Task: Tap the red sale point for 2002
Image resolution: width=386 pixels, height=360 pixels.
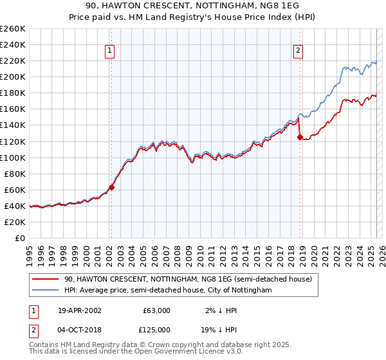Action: pyautogui.click(x=111, y=187)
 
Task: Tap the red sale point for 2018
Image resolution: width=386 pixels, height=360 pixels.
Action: pyautogui.click(x=300, y=137)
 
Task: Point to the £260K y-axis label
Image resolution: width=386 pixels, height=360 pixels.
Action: pyautogui.click(x=13, y=29)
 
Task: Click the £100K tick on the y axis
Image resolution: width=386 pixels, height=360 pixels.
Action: pyautogui.click(x=13, y=157)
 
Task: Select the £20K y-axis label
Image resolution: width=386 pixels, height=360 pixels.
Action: pyautogui.click(x=15, y=222)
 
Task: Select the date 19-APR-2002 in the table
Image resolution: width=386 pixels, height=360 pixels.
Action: pyautogui.click(x=79, y=310)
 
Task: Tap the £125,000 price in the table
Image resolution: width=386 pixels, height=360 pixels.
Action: pyautogui.click(x=157, y=329)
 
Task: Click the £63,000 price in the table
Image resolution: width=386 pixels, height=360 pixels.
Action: pyautogui.click(x=157, y=310)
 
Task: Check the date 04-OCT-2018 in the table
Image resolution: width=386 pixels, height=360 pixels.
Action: pyautogui.click(x=79, y=329)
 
